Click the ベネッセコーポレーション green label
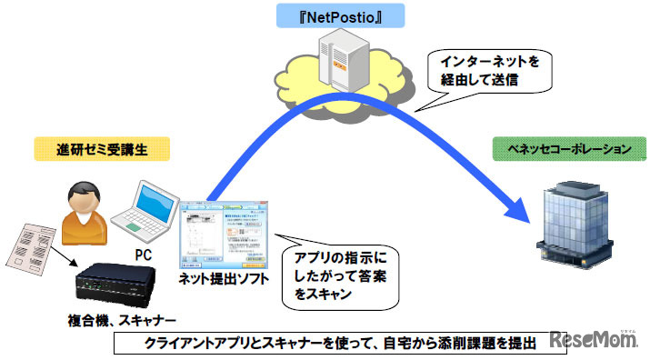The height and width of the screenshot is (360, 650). [x=551, y=148]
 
